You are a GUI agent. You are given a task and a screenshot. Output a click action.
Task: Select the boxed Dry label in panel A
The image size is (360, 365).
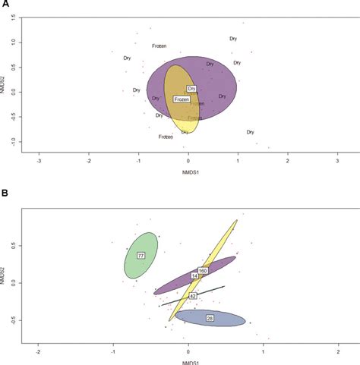coord(191,89)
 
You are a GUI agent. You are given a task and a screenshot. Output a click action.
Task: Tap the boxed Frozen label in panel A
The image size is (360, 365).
coord(182,99)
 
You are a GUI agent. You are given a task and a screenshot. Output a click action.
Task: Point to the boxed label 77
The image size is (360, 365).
coord(141,256)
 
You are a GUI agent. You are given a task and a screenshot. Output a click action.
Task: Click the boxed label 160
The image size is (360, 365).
coord(203,271)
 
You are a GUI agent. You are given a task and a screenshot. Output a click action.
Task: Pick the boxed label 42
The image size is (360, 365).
coord(193,295)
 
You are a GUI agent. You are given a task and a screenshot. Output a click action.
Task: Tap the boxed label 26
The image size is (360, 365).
coord(210,318)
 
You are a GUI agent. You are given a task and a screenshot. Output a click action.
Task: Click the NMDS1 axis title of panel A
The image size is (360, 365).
coord(190,172)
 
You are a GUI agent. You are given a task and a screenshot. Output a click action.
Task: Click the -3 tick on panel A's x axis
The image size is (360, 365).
coord(39,162)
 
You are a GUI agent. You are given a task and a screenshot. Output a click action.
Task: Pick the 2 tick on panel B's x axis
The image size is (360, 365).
coord(338,352)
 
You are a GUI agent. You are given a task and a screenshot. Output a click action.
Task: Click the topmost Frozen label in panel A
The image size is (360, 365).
coord(159,46)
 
